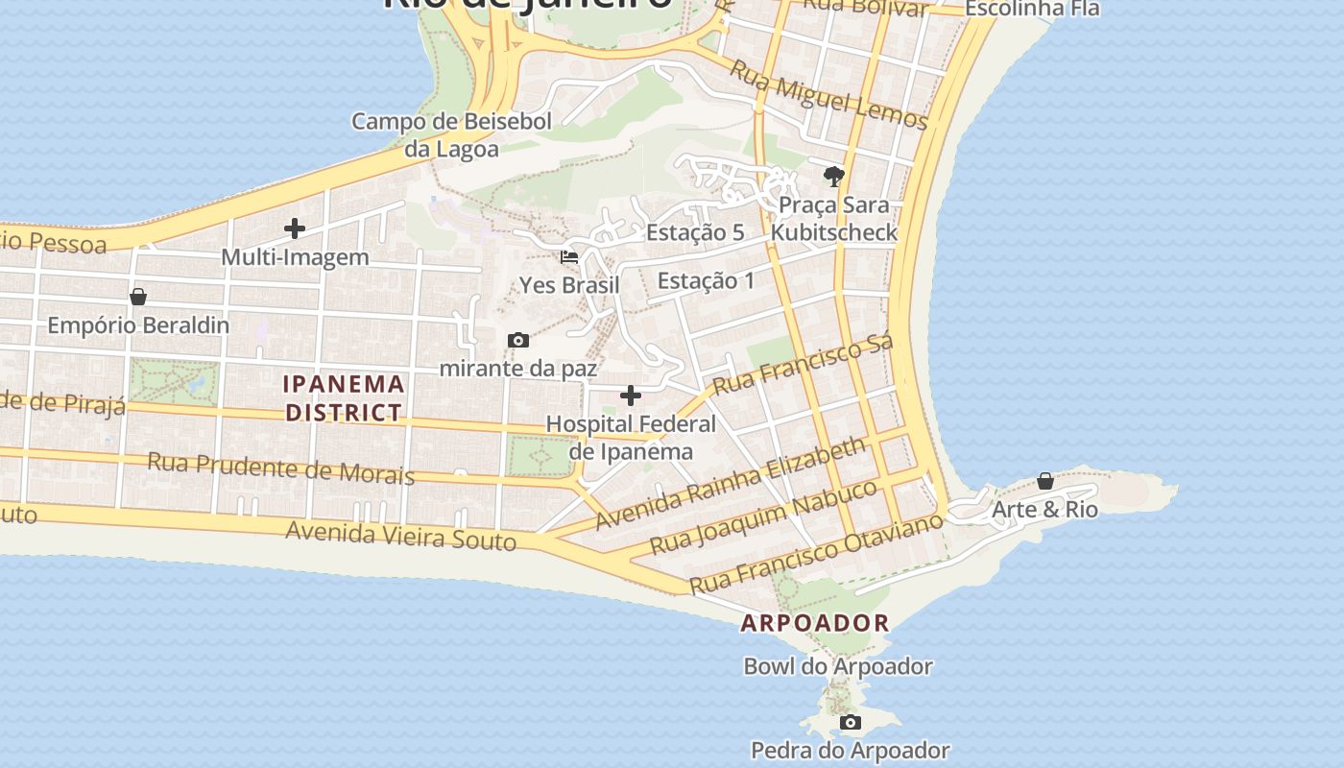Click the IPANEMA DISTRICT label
[344, 398]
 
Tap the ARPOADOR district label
[815, 623]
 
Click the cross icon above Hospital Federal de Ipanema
[631, 396]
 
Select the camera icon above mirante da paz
[518, 341]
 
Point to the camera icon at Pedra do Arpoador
[850, 723]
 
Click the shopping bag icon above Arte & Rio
[1045, 481]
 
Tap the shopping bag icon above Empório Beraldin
[138, 298]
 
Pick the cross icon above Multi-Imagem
[295, 228]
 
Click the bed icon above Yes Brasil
[569, 257]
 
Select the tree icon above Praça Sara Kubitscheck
[833, 177]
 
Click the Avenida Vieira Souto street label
[401, 536]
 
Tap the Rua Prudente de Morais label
[280, 468]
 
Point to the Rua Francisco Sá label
[804, 364]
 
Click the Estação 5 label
[695, 232]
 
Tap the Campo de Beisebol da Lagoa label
[451, 135]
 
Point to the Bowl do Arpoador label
[838, 666]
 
